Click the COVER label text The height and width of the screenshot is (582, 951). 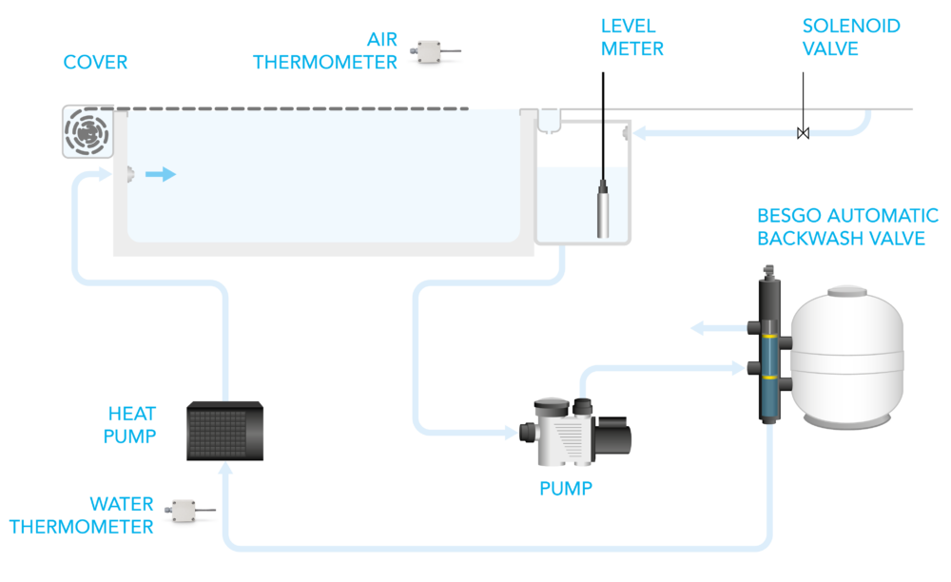(95, 64)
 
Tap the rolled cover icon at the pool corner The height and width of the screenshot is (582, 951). (87, 131)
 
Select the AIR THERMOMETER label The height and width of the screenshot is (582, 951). (325, 51)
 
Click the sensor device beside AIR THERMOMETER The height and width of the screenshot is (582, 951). (435, 55)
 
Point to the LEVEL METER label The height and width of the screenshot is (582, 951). (632, 37)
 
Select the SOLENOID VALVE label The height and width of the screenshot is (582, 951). (850, 37)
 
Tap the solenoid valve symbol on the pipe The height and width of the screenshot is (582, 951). (804, 133)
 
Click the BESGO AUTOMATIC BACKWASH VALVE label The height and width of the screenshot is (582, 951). (847, 227)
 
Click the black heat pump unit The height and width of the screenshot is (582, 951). (223, 429)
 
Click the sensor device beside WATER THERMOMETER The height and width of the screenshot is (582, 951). (190, 514)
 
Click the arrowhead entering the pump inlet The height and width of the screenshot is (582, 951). (511, 435)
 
